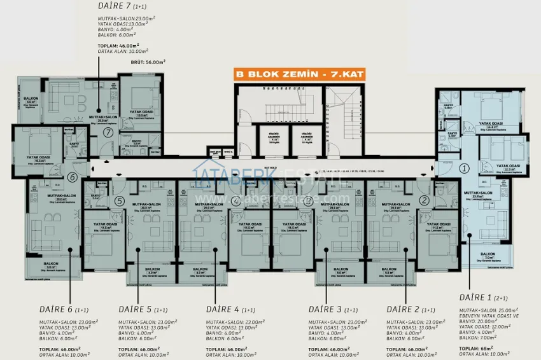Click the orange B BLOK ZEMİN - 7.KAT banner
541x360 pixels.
[x=277, y=74]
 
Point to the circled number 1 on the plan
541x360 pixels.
[x=464, y=169]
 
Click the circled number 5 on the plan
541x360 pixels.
[x=119, y=201]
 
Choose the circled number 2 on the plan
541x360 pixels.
[x=425, y=200]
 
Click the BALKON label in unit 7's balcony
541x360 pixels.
[x=31, y=99]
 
